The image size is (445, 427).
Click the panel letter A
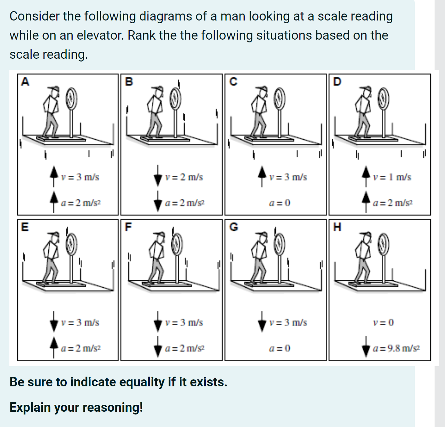25,82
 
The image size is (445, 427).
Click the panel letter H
337,227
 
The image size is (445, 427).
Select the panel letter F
128,227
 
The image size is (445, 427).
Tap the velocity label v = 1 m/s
392,177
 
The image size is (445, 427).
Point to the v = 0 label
383,322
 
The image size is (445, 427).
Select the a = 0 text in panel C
280,203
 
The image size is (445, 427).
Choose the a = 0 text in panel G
280,348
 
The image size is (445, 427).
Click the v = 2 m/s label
184,177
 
